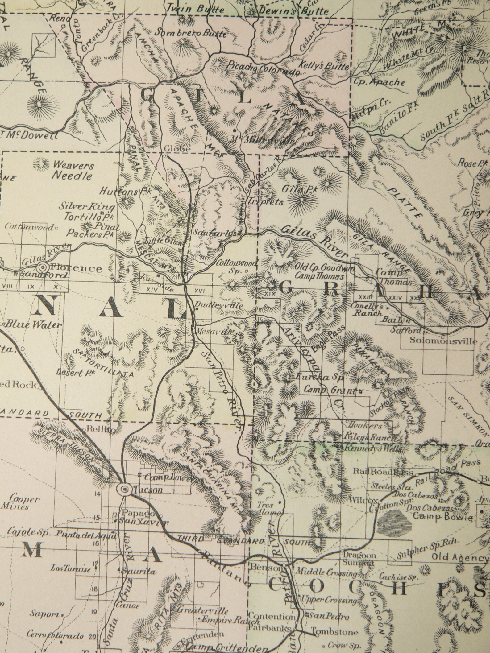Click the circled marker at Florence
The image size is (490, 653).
click(43, 267)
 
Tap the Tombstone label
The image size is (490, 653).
click(335, 630)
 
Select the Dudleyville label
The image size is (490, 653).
click(220, 306)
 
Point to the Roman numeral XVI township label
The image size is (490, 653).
click(200, 290)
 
